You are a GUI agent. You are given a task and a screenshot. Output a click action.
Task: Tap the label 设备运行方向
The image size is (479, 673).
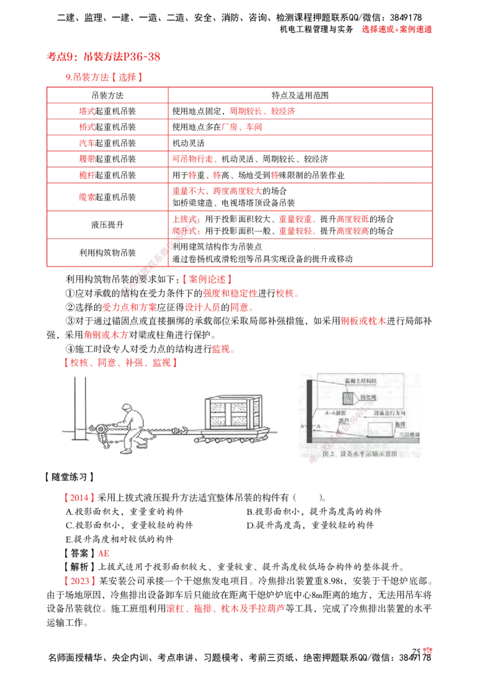pyautogui.click(x=392, y=413)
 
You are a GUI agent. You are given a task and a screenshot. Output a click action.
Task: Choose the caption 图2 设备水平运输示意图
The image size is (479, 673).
pyautogui.click(x=359, y=454)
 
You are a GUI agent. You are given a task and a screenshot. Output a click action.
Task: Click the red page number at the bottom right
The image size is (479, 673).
pyautogui.click(x=427, y=651)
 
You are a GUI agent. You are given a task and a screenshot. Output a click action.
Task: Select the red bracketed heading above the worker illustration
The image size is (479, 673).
pyautogui.click(x=119, y=363)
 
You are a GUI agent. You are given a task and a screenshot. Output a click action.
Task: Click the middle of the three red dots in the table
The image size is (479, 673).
pyautogui.click(x=217, y=174)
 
